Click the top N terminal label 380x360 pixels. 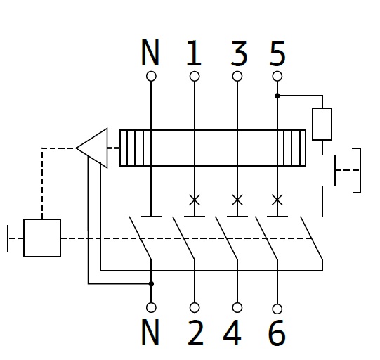(150, 52)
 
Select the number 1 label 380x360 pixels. (194, 53)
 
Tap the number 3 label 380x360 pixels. (239, 53)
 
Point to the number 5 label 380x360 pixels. (277, 53)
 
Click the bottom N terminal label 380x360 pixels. (150, 332)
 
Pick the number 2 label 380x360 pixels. (195, 333)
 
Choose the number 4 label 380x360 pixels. (232, 333)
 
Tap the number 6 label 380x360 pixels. (277, 333)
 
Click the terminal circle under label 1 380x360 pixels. (195, 76)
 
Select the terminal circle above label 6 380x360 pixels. (277, 309)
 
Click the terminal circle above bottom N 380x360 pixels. (151, 307)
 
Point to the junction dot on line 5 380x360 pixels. (277, 96)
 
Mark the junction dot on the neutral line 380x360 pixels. (151, 283)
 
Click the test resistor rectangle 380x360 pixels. (322, 124)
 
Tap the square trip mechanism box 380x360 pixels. (42, 238)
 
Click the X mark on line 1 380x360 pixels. (195, 200)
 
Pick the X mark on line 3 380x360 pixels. (237, 200)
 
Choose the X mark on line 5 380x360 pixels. (277, 200)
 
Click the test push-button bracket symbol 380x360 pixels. (360, 170)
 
